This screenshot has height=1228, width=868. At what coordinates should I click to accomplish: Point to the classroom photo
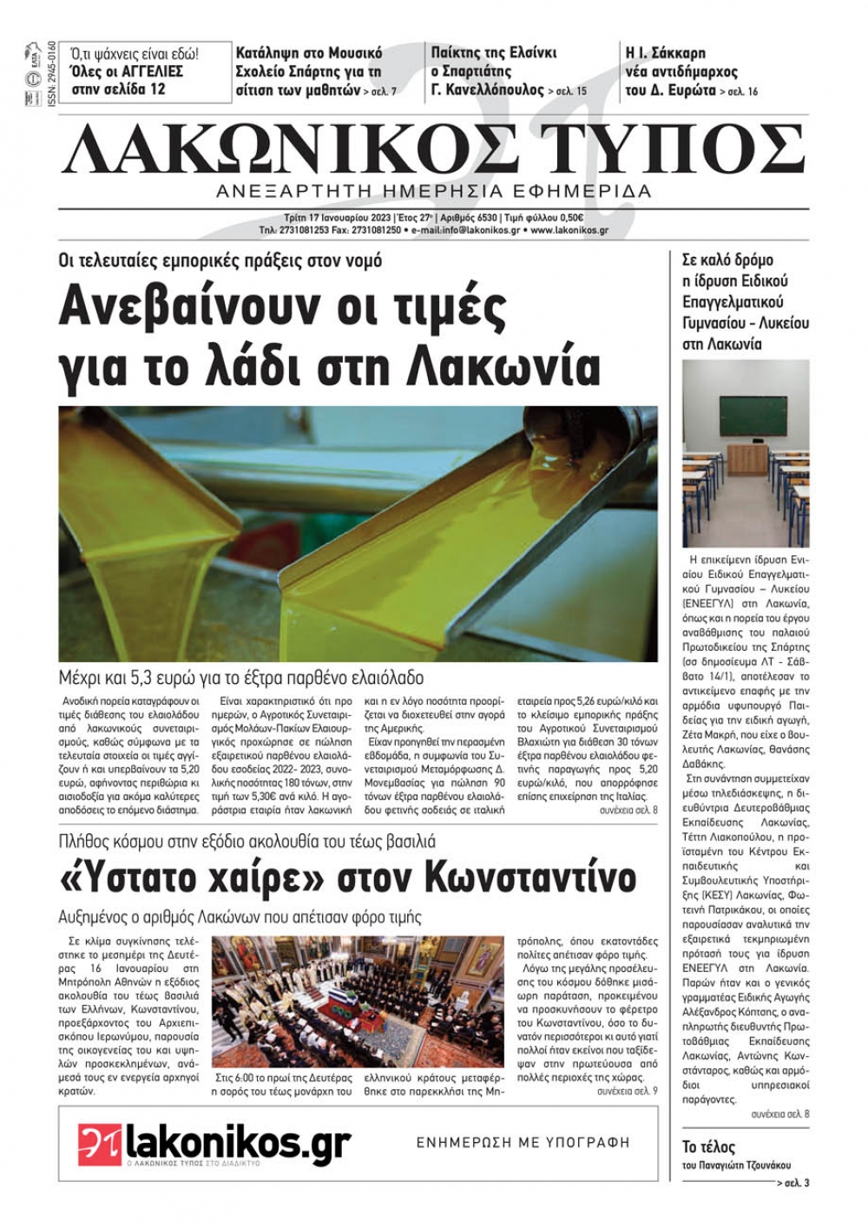[745, 453]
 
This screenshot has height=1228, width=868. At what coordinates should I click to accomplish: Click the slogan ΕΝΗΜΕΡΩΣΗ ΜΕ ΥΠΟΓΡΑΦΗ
[523, 1143]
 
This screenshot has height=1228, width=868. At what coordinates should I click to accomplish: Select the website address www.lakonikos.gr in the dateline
[569, 231]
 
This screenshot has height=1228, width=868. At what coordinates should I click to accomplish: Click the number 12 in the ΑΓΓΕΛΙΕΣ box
[156, 89]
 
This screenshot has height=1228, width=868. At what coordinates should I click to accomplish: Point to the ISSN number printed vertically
[51, 72]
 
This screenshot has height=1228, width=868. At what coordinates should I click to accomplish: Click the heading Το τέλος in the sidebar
[708, 1147]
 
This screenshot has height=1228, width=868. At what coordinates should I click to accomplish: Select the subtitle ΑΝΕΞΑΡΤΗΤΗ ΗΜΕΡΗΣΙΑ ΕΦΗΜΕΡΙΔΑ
[434, 191]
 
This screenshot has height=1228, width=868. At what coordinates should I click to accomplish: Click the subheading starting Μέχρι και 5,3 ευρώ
[241, 678]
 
